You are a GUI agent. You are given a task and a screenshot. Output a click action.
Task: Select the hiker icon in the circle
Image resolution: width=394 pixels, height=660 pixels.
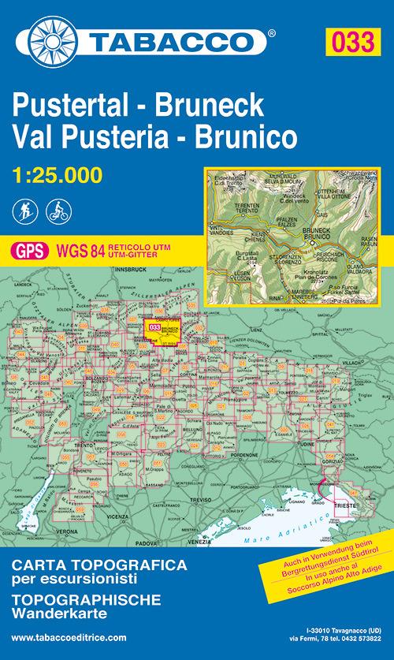24,211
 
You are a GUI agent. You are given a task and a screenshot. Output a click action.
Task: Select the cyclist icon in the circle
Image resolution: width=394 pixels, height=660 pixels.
57,211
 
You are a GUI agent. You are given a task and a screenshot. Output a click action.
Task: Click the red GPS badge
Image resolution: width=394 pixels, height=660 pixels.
30,252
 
